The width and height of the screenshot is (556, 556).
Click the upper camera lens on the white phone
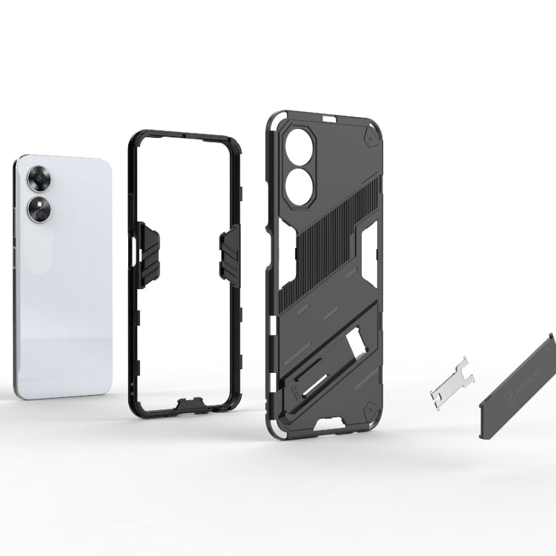pos(36,179)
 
